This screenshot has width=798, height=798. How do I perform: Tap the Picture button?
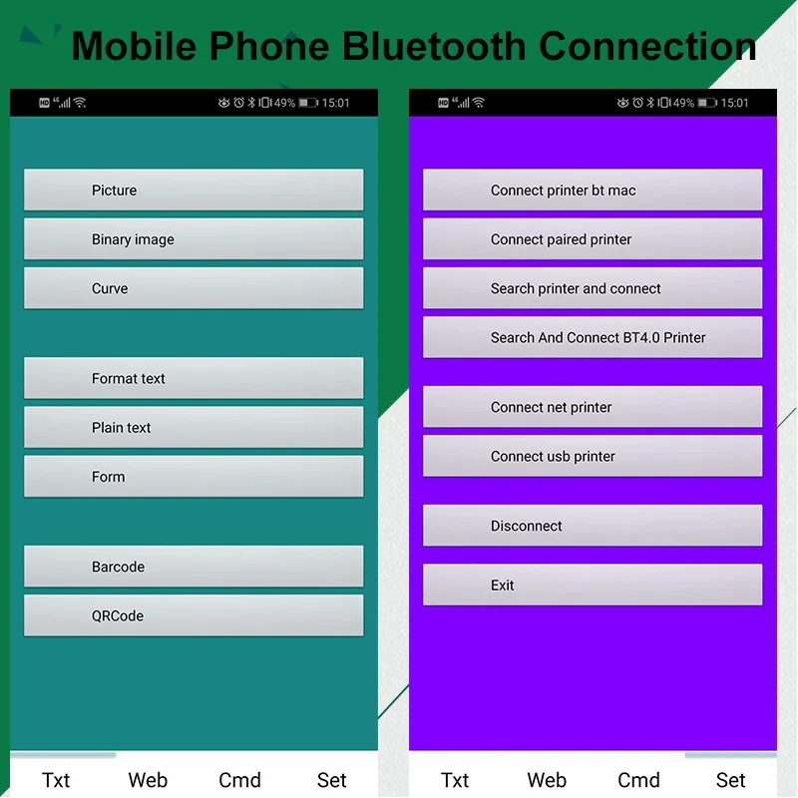[194, 190]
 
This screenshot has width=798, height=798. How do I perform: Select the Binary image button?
[194, 239]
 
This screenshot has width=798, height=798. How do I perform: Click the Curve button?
[194, 288]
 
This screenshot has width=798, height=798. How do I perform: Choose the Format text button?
[194, 378]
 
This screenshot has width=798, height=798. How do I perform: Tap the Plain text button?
[194, 428]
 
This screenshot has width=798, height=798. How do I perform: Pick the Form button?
[194, 477]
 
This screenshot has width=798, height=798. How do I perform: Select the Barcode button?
[194, 567]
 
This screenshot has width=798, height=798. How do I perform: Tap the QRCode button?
[194, 615]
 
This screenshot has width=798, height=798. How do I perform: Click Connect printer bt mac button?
[593, 190]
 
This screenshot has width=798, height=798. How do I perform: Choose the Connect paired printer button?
[593, 239]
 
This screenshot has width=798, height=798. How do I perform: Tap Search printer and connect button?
[593, 288]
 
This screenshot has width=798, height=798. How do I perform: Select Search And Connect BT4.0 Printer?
[593, 337]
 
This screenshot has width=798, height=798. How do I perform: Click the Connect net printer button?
[593, 407]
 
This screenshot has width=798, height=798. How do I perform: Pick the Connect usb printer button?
[593, 456]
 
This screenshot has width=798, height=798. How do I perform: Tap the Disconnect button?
[593, 526]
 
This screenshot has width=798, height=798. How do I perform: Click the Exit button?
[593, 585]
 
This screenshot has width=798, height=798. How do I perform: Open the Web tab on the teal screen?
[148, 780]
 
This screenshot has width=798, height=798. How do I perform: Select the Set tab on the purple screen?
[731, 780]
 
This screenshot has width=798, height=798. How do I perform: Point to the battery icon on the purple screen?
[707, 103]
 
